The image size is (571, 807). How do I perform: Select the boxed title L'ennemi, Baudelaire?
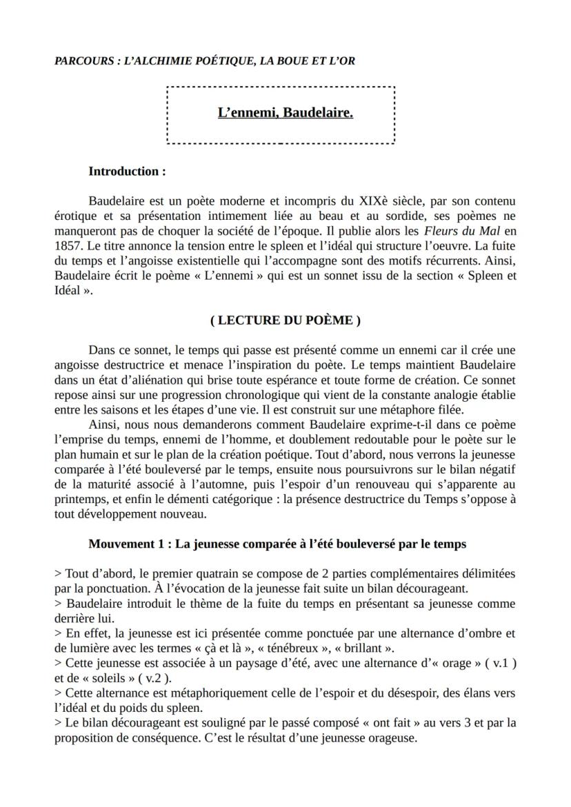pos(285,112)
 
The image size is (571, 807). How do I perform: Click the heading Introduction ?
pos(127,172)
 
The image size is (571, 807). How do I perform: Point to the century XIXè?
pos(372,202)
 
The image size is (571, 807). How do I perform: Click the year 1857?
pos(68,246)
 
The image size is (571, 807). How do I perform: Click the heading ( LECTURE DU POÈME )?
pos(285,320)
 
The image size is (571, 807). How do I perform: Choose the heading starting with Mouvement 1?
pos(277,544)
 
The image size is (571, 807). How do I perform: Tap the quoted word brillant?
pos(363,648)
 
